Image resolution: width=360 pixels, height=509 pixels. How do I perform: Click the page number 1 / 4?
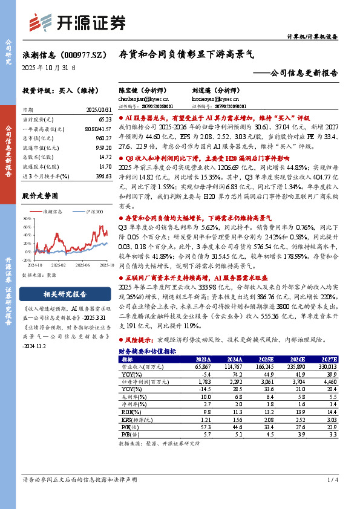coord(332,480)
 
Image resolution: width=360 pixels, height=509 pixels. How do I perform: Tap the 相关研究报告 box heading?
coord(59,294)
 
